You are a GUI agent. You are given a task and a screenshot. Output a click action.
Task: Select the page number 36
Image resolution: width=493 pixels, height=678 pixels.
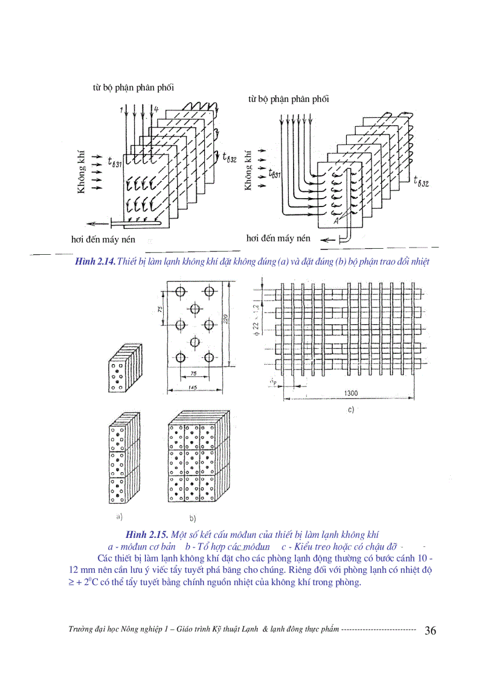pos(431,631)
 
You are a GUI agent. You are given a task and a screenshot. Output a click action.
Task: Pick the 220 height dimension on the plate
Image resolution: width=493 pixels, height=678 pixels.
pos(225,320)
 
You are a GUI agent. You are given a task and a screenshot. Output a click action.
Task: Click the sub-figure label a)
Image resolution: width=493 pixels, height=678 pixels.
pos(118,516)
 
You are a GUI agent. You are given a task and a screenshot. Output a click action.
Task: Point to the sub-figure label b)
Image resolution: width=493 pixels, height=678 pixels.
pos(193,518)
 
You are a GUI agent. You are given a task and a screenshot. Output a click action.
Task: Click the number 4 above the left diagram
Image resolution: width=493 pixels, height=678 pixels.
pos(156,109)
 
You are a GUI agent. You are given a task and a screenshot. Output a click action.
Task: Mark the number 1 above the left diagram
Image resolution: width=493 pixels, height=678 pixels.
pos(121,109)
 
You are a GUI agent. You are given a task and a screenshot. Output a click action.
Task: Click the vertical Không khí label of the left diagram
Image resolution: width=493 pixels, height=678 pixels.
pos(80,173)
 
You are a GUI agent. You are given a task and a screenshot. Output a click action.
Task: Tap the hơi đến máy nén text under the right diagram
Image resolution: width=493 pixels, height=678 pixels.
pos(278,238)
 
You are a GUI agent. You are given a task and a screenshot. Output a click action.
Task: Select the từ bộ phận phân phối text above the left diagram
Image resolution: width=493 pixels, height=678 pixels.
pos(129,88)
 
